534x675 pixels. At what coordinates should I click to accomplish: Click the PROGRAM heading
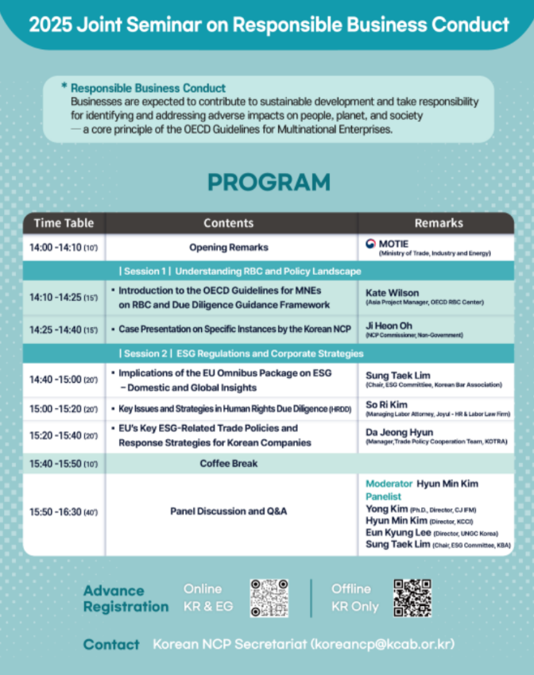tap(268, 182)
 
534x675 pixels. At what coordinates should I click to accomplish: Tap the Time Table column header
tap(64, 223)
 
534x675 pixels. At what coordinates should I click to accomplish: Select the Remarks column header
tap(438, 223)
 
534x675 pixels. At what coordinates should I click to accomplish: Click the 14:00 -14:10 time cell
tap(63, 248)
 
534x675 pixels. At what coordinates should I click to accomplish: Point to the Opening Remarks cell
tap(228, 248)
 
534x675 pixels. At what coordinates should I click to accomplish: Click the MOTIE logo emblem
tap(370, 244)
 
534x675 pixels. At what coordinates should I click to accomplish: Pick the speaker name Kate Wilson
tap(392, 293)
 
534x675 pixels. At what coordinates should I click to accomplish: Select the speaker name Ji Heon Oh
tap(389, 325)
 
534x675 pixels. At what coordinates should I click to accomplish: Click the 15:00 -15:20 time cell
tap(63, 409)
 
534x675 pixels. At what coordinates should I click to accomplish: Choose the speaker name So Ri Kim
tap(386, 404)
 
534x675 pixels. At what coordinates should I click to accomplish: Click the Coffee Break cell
tap(228, 463)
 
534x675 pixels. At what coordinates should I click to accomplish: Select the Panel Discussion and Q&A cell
tap(228, 511)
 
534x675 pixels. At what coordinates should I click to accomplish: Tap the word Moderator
tap(389, 484)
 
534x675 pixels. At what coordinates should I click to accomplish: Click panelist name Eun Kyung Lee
tap(397, 533)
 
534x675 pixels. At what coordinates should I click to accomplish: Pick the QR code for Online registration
tap(269, 598)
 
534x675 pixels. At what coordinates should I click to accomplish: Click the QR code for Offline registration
tap(412, 598)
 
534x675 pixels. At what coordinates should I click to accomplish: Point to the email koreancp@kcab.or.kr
tap(382, 644)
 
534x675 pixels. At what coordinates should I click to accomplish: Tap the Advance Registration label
tap(126, 599)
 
